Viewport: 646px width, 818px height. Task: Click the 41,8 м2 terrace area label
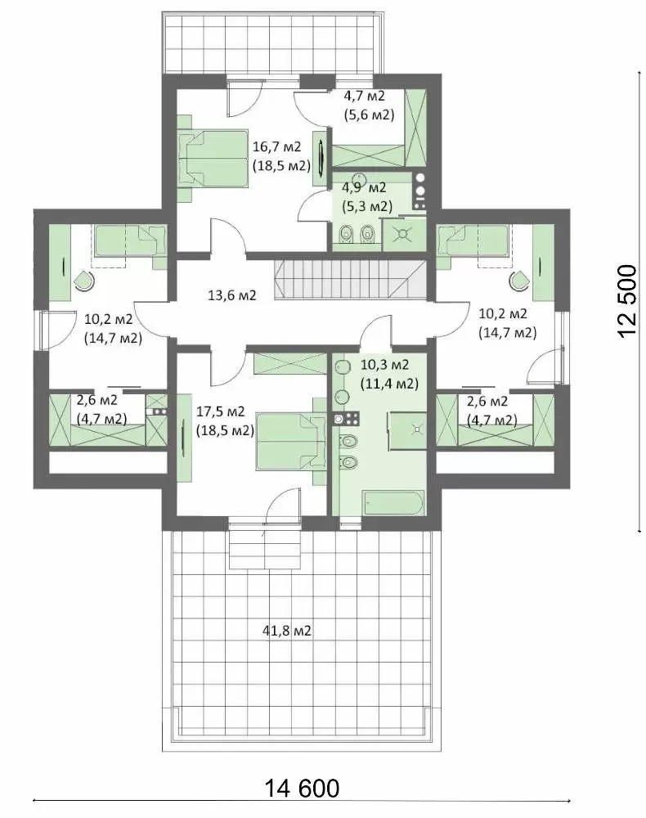(285, 631)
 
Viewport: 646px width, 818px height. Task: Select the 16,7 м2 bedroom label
(277, 148)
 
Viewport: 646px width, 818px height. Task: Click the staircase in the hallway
(350, 280)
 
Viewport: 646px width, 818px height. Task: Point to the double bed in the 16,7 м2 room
(213, 157)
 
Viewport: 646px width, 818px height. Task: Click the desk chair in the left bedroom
(83, 281)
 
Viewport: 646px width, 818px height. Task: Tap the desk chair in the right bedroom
(518, 281)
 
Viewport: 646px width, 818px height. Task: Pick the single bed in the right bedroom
(473, 240)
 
